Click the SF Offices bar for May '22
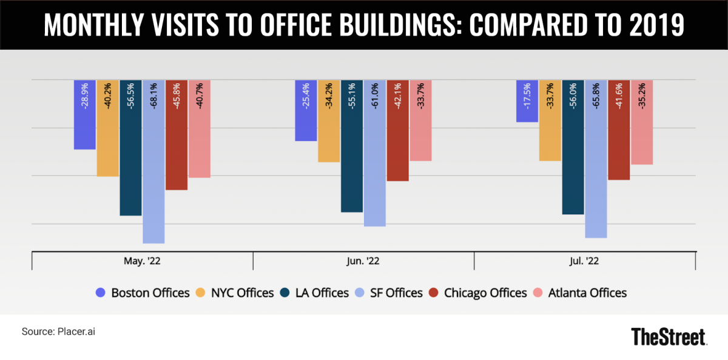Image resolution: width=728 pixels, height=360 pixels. (x=153, y=161)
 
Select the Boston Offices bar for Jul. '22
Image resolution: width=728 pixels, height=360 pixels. (x=527, y=101)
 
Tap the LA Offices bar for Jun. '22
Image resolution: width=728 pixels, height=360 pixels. (x=352, y=146)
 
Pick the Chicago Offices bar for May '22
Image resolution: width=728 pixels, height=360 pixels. (x=177, y=135)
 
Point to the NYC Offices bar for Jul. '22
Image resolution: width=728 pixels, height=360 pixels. (x=550, y=120)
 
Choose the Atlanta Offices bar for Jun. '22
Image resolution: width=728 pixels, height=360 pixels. (x=420, y=120)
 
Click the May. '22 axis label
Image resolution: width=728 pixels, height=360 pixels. (x=142, y=260)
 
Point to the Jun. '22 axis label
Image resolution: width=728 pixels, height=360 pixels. (x=363, y=260)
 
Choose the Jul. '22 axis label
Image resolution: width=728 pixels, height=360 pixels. (x=585, y=260)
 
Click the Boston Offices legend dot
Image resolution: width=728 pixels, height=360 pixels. (x=101, y=293)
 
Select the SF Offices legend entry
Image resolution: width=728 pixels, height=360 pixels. (x=390, y=293)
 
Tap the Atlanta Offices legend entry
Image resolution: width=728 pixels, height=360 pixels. (x=579, y=293)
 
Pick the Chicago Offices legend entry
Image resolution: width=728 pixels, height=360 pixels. (x=477, y=293)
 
